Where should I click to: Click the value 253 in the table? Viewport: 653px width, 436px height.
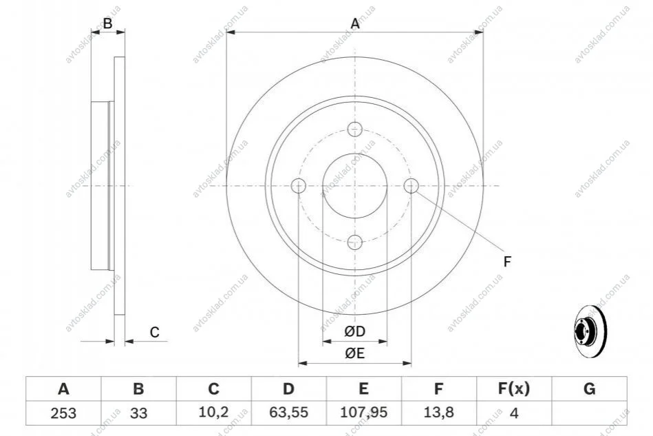pos(63,413)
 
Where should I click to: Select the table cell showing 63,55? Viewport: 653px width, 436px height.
pos(288,413)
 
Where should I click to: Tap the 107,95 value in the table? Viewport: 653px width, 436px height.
pos(363,413)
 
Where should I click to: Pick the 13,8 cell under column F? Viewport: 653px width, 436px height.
pos(438,413)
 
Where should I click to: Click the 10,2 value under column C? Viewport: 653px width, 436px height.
pos(213,413)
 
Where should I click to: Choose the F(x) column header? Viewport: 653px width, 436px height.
pos(514,389)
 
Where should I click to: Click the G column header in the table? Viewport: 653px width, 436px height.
pos(589,389)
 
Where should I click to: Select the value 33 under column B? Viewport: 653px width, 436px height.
pos(139,413)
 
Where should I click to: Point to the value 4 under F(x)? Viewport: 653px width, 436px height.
pos(514,413)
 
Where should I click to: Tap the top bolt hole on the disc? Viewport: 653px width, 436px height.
pos(355,129)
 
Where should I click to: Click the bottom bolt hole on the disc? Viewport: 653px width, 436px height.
pos(355,242)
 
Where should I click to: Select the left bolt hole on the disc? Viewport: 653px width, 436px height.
pos(299,185)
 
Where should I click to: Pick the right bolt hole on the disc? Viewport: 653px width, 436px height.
pos(411,185)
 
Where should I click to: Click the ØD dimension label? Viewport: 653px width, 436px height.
pos(355,331)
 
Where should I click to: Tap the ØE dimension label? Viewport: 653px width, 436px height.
pos(355,353)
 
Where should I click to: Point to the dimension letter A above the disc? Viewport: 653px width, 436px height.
pos(355,23)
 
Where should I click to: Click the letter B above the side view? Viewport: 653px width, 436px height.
pos(108,23)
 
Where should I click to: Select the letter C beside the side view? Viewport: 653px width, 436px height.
pos(155,333)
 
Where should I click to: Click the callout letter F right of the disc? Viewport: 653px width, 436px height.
pos(507,262)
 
